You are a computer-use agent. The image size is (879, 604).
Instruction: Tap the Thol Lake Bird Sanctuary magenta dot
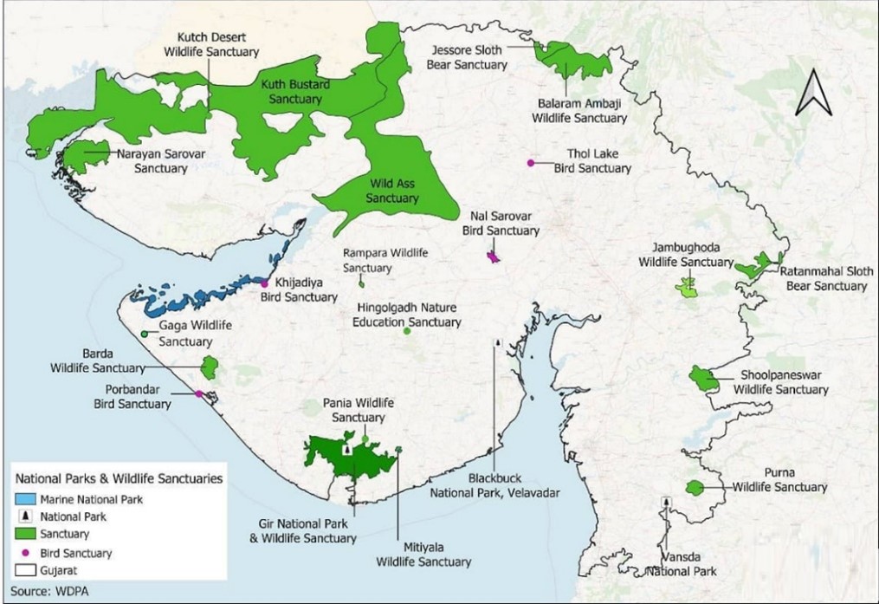[530, 162]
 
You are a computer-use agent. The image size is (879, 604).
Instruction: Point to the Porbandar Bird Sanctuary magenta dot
[198, 394]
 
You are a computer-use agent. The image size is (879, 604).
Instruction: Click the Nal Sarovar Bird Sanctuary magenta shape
[494, 257]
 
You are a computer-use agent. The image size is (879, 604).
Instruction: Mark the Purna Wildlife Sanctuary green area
[695, 488]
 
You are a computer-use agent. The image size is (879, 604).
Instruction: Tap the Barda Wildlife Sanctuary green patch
[209, 367]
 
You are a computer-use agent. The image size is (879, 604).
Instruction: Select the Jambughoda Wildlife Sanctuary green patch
[688, 287]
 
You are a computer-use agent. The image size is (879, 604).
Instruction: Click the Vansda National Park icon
[665, 502]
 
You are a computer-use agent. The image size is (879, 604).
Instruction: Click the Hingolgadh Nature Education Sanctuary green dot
[406, 331]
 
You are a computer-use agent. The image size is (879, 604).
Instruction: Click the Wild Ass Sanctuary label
[392, 192]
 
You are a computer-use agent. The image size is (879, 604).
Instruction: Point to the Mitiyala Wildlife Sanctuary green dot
[398, 449]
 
